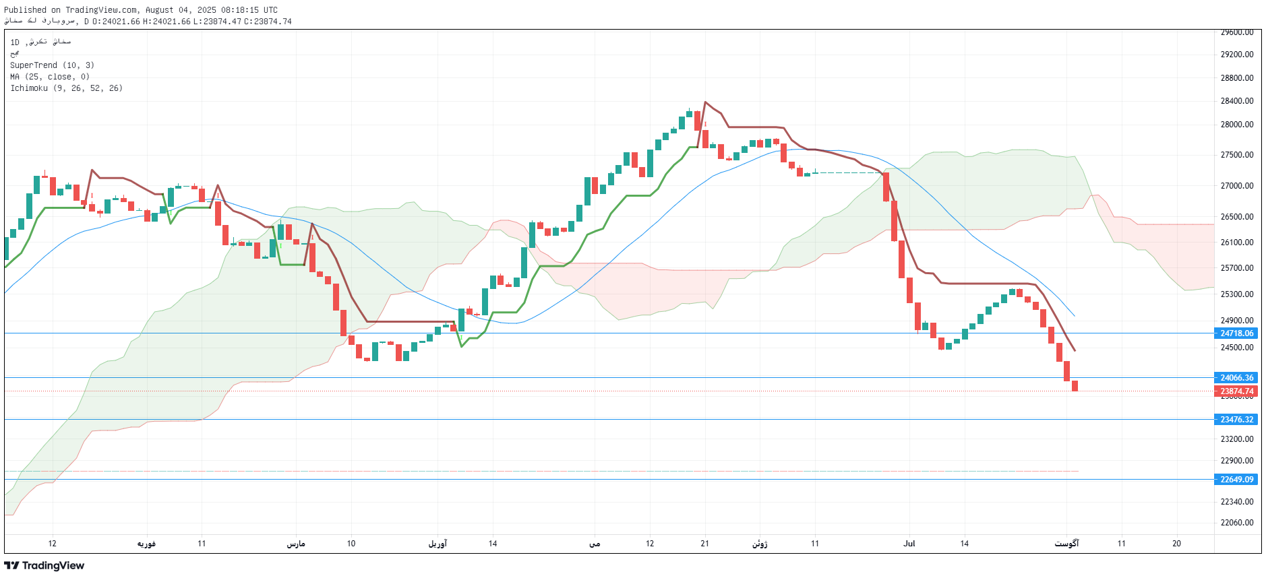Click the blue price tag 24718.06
(x=1236, y=333)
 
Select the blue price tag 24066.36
(x=1236, y=378)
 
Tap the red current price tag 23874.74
(x=1236, y=391)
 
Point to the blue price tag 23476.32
(x=1236, y=420)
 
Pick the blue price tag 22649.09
(x=1236, y=480)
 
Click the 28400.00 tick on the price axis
(x=1236, y=101)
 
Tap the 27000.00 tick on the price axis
(x=1236, y=186)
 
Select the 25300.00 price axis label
(x=1236, y=294)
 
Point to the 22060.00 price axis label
(x=1236, y=523)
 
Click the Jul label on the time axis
(x=909, y=544)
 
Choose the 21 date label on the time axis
(x=704, y=544)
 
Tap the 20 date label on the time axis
(x=1176, y=544)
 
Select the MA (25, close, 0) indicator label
(x=49, y=77)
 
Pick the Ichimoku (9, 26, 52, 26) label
(x=66, y=88)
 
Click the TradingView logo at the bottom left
(x=44, y=566)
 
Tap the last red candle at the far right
(x=1075, y=386)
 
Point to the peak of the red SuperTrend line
(x=705, y=102)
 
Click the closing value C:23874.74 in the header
(x=268, y=22)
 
